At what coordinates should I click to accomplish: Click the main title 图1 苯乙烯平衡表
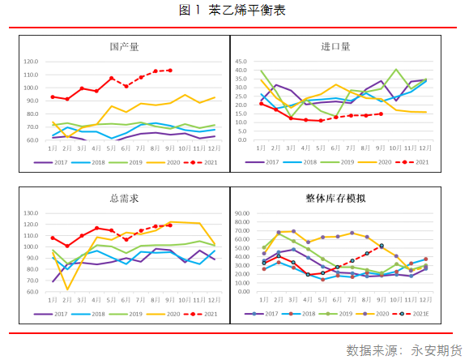(x=233, y=11)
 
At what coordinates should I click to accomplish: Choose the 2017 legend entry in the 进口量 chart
(x=272, y=162)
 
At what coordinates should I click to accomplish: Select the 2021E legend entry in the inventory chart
(x=416, y=313)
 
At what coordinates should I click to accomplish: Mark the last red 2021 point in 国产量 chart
(x=170, y=71)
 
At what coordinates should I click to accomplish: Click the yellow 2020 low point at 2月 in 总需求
(x=67, y=289)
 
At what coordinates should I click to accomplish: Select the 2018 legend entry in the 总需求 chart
(x=90, y=313)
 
